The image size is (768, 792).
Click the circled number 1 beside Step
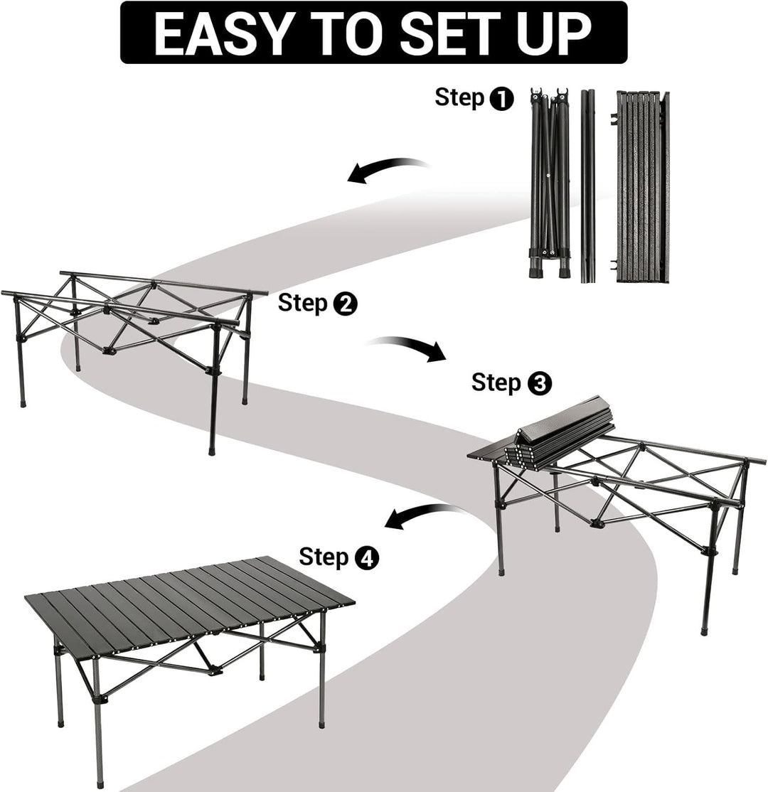coord(502,99)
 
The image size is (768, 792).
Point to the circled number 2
coord(345,304)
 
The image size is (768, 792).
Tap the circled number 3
coord(539,384)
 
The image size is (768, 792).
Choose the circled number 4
coord(366,558)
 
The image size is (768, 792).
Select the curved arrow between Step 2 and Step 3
coord(408,346)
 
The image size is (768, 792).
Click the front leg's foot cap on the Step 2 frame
coord(212,449)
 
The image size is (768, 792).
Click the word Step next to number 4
coord(324,557)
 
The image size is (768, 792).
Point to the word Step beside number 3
coord(496,383)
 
